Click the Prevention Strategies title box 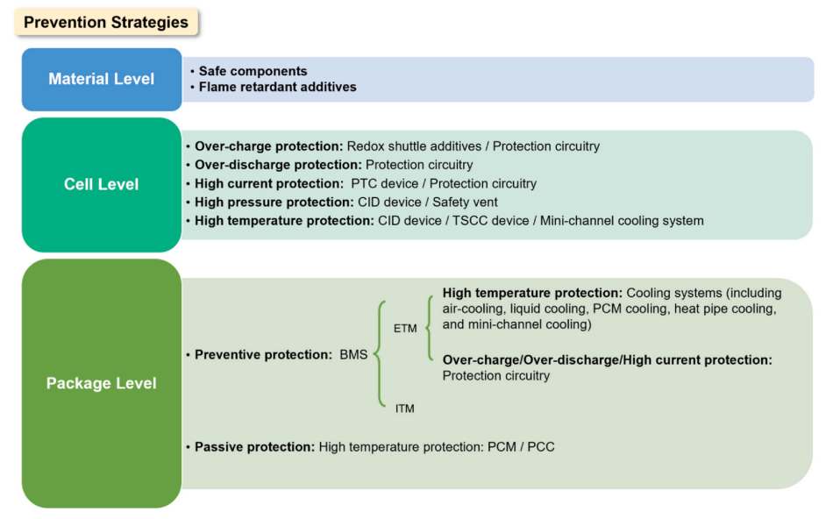coord(106,22)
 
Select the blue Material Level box coord(101,79)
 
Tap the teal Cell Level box coord(101,184)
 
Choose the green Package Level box coord(101,383)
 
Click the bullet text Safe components coord(253,71)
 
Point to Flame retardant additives coord(277,87)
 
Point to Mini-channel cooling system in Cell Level coord(622,221)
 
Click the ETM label coord(405,328)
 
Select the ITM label coord(404,408)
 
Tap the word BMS coord(355,355)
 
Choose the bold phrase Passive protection coord(254,447)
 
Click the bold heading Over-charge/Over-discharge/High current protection coord(608,360)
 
